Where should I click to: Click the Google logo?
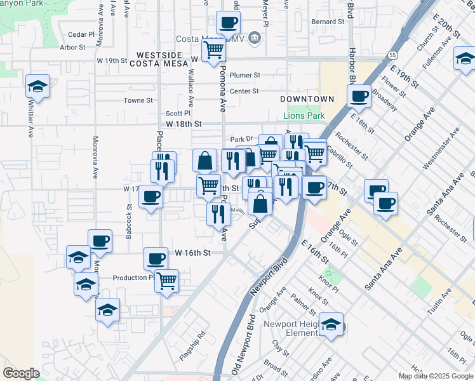pos(22,373)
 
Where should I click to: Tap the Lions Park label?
pos(304,116)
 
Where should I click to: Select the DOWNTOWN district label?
pos(307,99)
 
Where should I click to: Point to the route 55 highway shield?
pos(394,55)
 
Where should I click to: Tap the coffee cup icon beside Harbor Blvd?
pos(359,96)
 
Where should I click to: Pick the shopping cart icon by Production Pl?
pos(166,279)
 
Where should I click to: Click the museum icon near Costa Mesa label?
pos(254,38)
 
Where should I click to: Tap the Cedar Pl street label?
pos(81,34)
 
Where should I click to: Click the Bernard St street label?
pos(328,22)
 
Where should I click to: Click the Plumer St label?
pos(245,75)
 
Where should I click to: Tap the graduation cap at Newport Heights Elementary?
pos(331,324)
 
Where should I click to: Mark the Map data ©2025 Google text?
pos(435,376)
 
